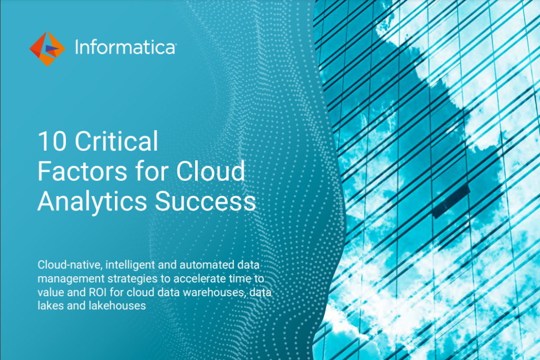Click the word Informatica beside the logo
pyautogui.click(x=124, y=48)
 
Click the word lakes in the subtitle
pyautogui.click(x=49, y=305)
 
